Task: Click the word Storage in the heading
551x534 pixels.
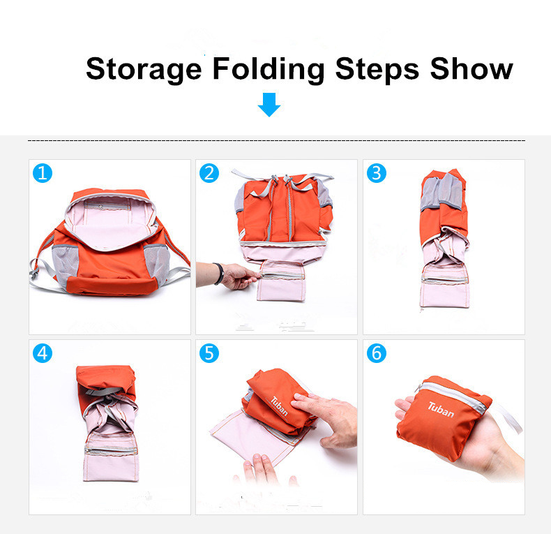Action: (144, 70)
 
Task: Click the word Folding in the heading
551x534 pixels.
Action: (269, 70)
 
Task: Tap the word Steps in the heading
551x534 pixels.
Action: (377, 70)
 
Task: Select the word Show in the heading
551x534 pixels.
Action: (471, 68)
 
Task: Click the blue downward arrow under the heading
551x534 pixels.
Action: (269, 105)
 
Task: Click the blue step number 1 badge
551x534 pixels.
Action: (43, 173)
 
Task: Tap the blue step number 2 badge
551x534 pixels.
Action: (209, 173)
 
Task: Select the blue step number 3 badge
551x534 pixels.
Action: (377, 173)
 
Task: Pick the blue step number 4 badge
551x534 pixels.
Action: (43, 353)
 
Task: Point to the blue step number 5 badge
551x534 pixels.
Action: (209, 353)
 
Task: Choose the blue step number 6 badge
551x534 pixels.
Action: (377, 353)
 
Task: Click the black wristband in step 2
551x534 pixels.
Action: (219, 274)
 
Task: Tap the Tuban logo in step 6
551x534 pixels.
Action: (441, 410)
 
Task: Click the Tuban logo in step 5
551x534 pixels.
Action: (280, 406)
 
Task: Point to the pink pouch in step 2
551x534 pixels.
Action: (281, 281)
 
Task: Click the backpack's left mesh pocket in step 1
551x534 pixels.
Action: (66, 265)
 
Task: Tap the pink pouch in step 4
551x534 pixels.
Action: (111, 457)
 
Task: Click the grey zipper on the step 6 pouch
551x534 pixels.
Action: (453, 396)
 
